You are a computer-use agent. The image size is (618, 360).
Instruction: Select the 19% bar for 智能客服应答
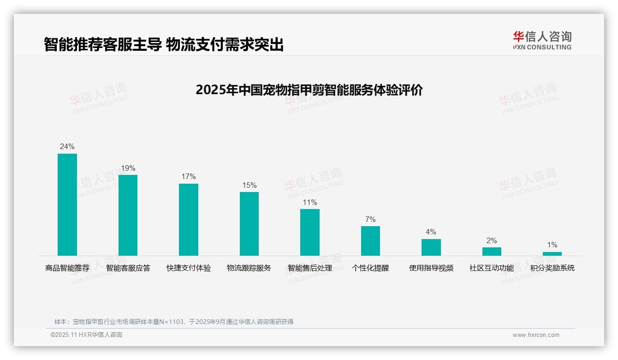(x=128, y=215)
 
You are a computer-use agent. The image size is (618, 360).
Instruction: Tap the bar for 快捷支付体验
(x=189, y=220)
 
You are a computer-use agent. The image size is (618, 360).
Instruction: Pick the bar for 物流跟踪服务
(x=249, y=224)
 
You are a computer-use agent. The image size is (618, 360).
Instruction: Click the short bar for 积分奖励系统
(x=552, y=254)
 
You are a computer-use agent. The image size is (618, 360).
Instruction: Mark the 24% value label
(x=67, y=147)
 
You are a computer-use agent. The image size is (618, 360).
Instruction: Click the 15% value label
(x=249, y=186)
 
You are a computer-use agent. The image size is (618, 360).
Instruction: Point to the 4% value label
(x=431, y=232)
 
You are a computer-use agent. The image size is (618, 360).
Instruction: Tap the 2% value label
(x=492, y=241)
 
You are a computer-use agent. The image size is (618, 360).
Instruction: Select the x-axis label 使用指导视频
(x=431, y=268)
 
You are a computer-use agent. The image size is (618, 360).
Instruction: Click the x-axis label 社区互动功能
(x=492, y=268)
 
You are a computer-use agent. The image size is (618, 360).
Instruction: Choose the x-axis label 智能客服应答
(x=128, y=268)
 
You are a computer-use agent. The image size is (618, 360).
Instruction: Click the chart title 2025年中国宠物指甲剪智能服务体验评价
(x=309, y=90)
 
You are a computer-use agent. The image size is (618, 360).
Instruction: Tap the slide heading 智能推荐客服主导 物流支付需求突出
(x=164, y=45)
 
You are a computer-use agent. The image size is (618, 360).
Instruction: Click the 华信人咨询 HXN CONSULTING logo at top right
(x=542, y=41)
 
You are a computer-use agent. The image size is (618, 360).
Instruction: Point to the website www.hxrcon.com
(x=536, y=335)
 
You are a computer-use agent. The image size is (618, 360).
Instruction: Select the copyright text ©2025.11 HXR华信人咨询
(x=86, y=335)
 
